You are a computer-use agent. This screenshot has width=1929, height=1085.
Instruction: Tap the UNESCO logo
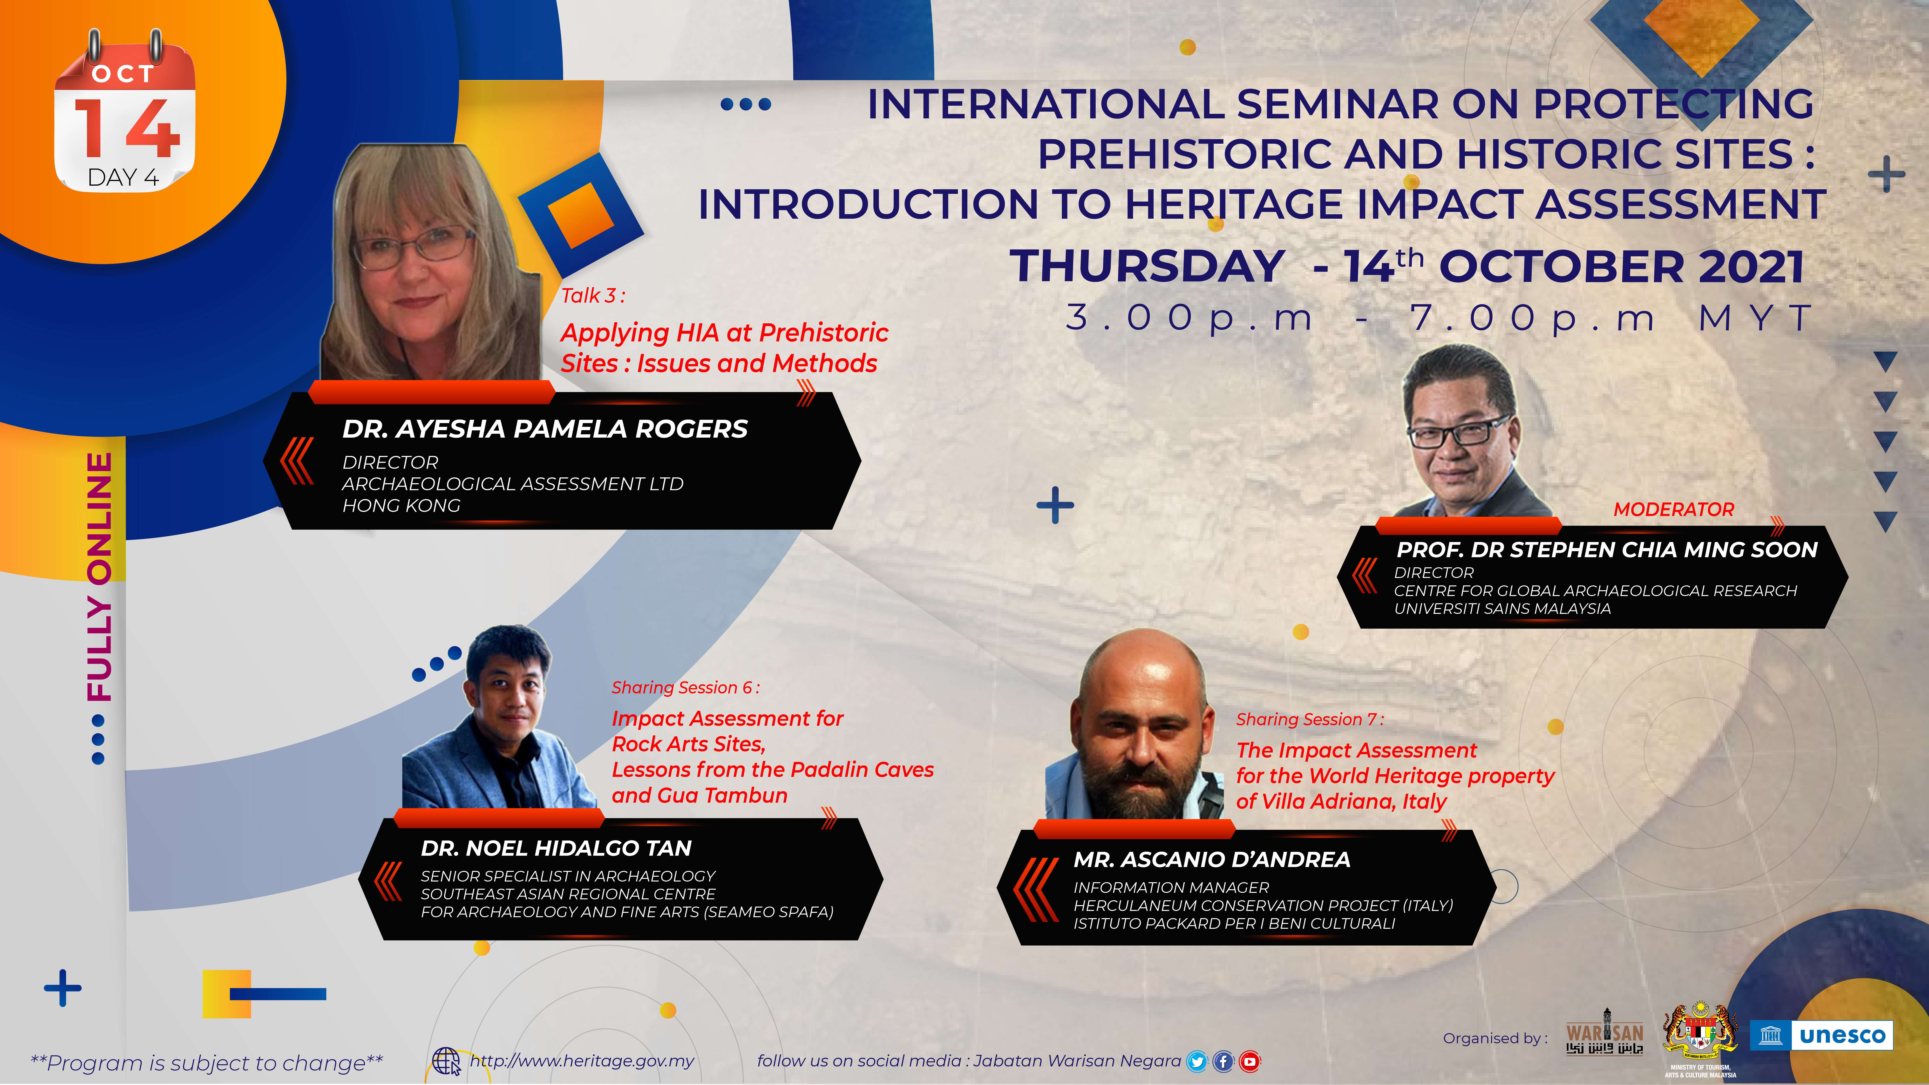point(1821,1036)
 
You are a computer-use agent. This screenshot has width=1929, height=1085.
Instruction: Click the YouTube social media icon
point(1249,1061)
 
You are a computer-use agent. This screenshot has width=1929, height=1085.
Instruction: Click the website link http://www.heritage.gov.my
point(582,1061)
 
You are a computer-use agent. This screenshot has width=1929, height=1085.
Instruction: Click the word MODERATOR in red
point(1674,509)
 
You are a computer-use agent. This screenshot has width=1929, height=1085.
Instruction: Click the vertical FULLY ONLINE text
point(100,576)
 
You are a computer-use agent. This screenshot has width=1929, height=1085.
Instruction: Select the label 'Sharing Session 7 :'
point(1310,719)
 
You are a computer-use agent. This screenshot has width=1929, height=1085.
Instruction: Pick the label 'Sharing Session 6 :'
point(685,687)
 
